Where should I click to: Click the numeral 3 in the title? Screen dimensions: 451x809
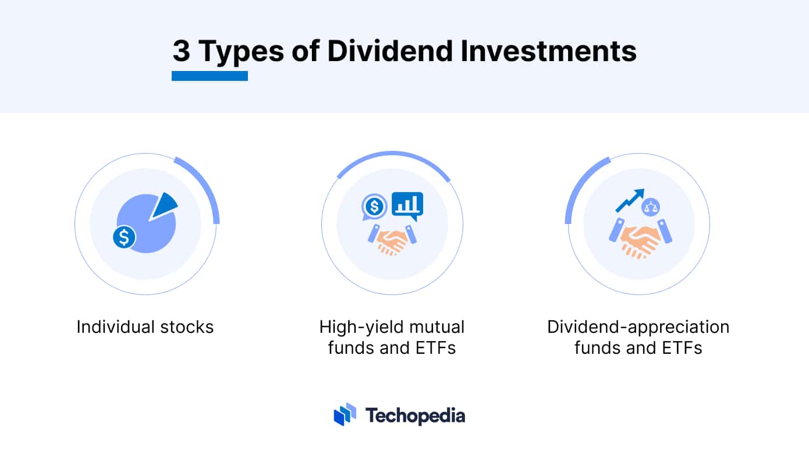182,51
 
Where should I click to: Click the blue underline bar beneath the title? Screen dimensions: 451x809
210,76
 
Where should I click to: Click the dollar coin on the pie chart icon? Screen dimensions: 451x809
124,237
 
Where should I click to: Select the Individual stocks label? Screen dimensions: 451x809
145,327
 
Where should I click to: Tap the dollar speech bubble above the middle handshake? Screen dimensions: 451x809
374,206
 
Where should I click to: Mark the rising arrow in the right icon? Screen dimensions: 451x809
630,200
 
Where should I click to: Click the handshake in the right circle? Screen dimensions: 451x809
640,240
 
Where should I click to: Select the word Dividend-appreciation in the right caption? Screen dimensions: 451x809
638,327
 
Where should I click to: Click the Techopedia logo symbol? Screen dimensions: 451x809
345,414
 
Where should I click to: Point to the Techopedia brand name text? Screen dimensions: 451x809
415,416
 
